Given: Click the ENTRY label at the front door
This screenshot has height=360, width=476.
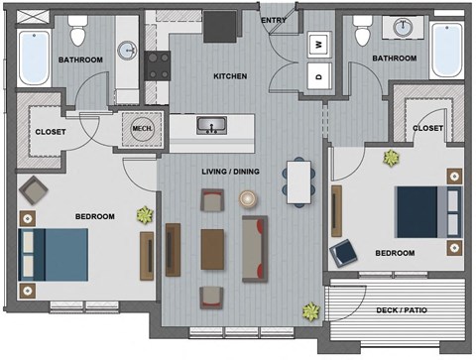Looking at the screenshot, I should pyautogui.click(x=273, y=19).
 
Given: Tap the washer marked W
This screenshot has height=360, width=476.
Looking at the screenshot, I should pyautogui.click(x=318, y=45).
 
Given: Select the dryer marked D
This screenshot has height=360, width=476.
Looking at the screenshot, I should pyautogui.click(x=318, y=75).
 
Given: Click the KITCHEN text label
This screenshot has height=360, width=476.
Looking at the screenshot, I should pyautogui.click(x=230, y=76).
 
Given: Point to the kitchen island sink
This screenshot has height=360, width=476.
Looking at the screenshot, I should pyautogui.click(x=210, y=126).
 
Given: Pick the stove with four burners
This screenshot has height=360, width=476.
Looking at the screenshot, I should pyautogui.click(x=159, y=65).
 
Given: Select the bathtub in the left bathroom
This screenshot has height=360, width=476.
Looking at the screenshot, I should pyautogui.click(x=34, y=58).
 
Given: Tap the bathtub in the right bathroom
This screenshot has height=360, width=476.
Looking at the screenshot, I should pyautogui.click(x=446, y=50).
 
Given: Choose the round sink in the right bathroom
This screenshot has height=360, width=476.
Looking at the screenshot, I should pyautogui.click(x=404, y=27).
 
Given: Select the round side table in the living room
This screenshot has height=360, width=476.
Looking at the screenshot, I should pyautogui.click(x=247, y=199).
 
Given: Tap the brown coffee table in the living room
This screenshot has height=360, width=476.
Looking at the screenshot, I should pyautogui.click(x=213, y=249).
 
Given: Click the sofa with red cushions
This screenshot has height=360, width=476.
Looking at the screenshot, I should pyautogui.click(x=254, y=248).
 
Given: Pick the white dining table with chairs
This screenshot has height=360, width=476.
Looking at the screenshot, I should pyautogui.click(x=297, y=181).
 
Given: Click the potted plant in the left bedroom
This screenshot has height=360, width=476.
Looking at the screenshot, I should pyautogui.click(x=146, y=214).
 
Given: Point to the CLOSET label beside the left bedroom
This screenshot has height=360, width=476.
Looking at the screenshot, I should pyautogui.click(x=51, y=132).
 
